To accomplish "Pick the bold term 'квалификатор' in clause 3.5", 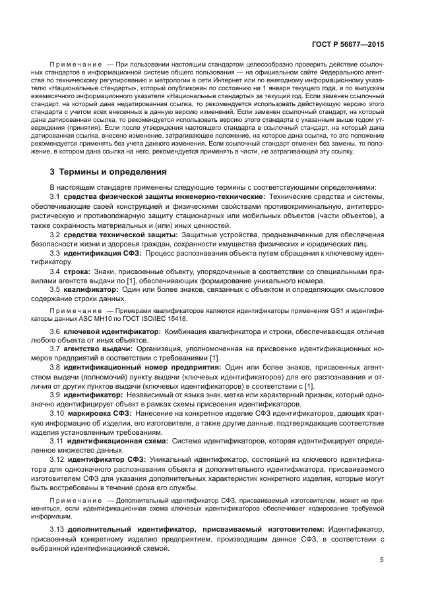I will [x=91, y=289].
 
